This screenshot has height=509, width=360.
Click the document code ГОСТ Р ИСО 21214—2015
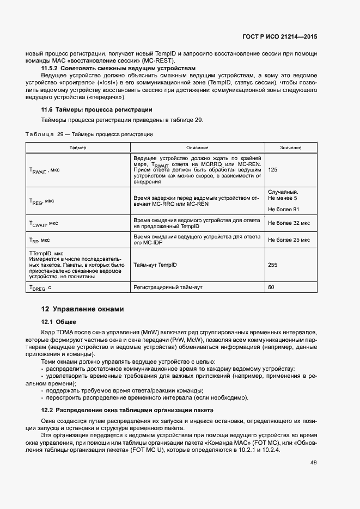point(280,36)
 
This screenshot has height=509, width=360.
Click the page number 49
point(313,463)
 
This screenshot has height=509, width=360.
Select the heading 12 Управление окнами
point(83,309)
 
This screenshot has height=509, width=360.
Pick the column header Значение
point(291,148)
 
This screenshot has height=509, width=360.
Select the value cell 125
point(273,170)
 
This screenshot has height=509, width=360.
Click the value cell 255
point(273,265)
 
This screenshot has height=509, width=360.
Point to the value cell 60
point(271,287)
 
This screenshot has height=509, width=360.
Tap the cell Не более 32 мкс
point(289,223)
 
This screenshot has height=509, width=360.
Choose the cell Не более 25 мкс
point(289,240)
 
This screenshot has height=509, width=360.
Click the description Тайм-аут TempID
point(155,265)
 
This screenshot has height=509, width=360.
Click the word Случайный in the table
point(283,192)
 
